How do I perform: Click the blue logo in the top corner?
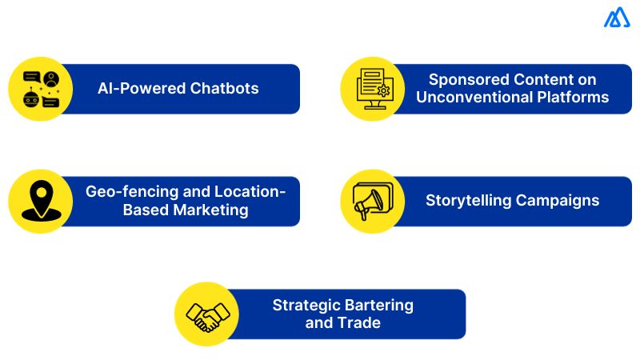pyautogui.click(x=617, y=18)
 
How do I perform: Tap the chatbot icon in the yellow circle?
pyautogui.click(x=41, y=89)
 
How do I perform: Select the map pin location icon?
pyautogui.click(x=40, y=201)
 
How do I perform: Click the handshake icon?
pyautogui.click(x=207, y=314)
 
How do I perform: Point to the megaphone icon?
pyautogui.click(x=373, y=201)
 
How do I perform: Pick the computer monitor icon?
pyautogui.click(x=373, y=89)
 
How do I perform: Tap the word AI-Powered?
pyautogui.click(x=142, y=89)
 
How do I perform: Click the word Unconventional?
pyautogui.click(x=467, y=98)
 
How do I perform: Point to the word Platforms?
pyautogui.click(x=570, y=98)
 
